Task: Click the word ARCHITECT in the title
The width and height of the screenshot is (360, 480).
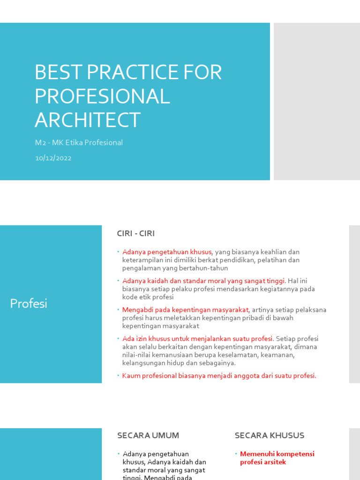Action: click(x=88, y=120)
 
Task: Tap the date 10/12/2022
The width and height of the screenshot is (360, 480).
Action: click(x=53, y=158)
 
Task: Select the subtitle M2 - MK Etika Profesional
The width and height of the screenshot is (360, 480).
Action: click(x=79, y=142)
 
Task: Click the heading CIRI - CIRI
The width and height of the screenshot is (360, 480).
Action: click(x=135, y=233)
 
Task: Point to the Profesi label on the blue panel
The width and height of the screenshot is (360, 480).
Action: click(x=29, y=304)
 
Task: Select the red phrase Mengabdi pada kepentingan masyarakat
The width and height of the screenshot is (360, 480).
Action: click(x=185, y=310)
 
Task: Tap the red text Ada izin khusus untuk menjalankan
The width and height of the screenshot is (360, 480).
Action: click(x=197, y=339)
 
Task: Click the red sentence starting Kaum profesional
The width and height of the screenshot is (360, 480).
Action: click(x=219, y=375)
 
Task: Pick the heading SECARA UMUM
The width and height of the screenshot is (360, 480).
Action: click(x=148, y=435)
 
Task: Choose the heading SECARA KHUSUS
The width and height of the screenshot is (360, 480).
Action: click(x=270, y=435)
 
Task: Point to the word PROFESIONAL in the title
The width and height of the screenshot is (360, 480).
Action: click(x=102, y=96)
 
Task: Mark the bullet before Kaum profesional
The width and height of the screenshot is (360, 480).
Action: click(x=119, y=376)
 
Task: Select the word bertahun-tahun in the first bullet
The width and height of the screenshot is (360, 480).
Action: click(x=206, y=268)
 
